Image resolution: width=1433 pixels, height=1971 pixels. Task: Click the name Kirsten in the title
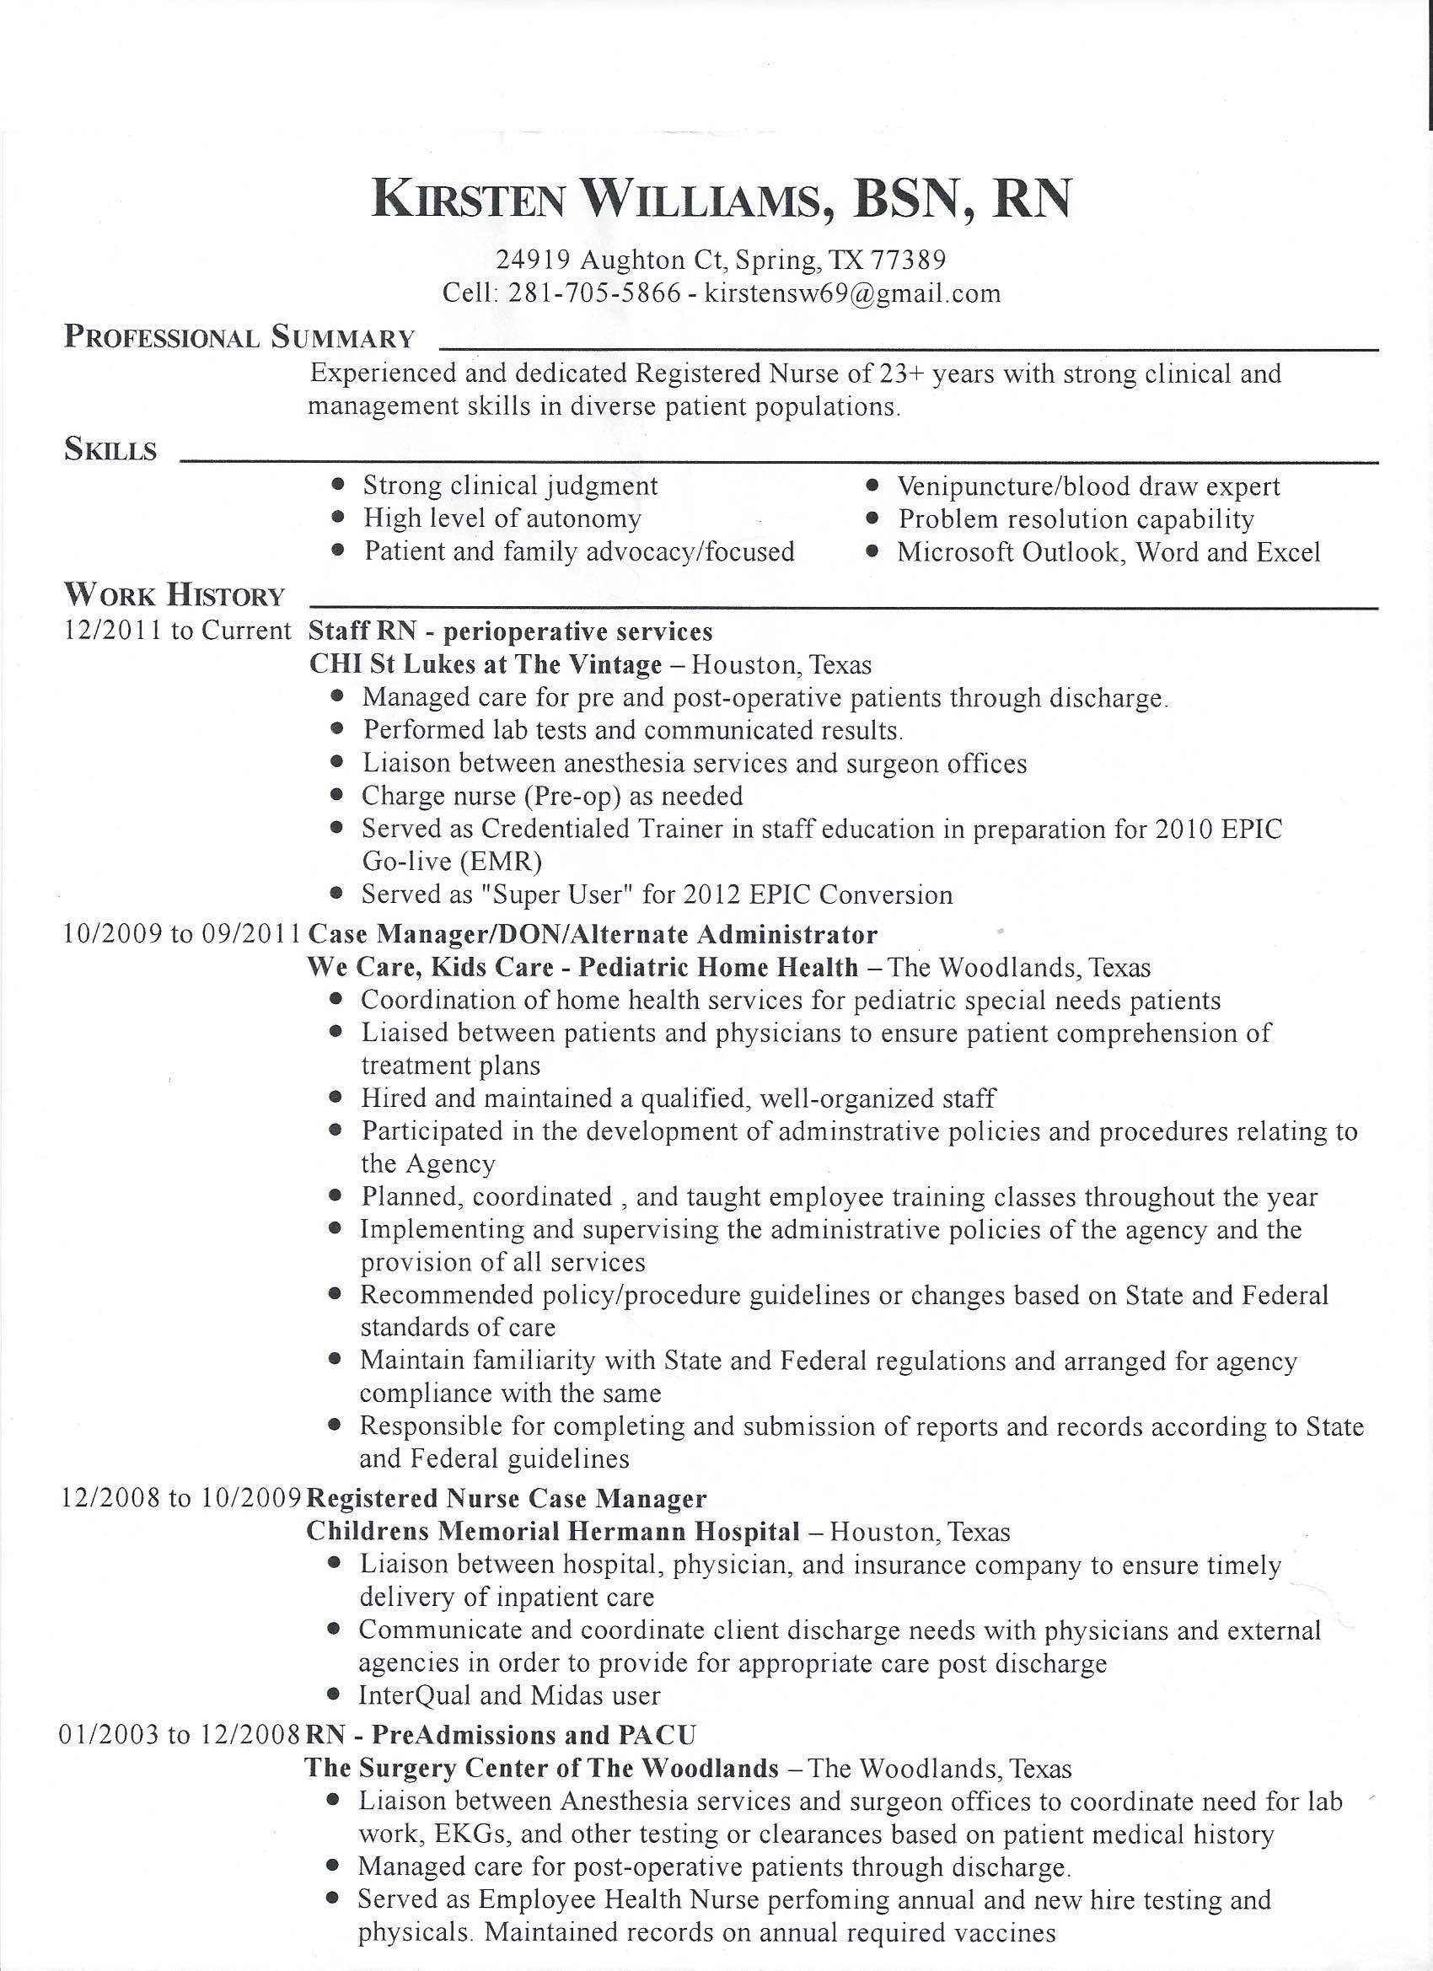point(469,198)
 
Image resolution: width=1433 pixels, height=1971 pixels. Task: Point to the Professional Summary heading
point(239,337)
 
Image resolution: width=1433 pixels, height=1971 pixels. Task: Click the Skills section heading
point(110,450)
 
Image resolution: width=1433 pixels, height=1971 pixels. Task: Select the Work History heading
point(174,595)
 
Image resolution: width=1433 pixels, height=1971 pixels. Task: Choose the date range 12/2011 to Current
point(177,630)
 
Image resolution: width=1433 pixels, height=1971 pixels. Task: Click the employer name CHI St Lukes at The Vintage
point(485,665)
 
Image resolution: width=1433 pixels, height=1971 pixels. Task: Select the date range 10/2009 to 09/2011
point(182,934)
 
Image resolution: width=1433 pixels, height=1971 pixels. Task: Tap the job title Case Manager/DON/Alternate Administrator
point(593,934)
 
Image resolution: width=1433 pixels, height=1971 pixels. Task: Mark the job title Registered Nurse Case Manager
point(507,1498)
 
